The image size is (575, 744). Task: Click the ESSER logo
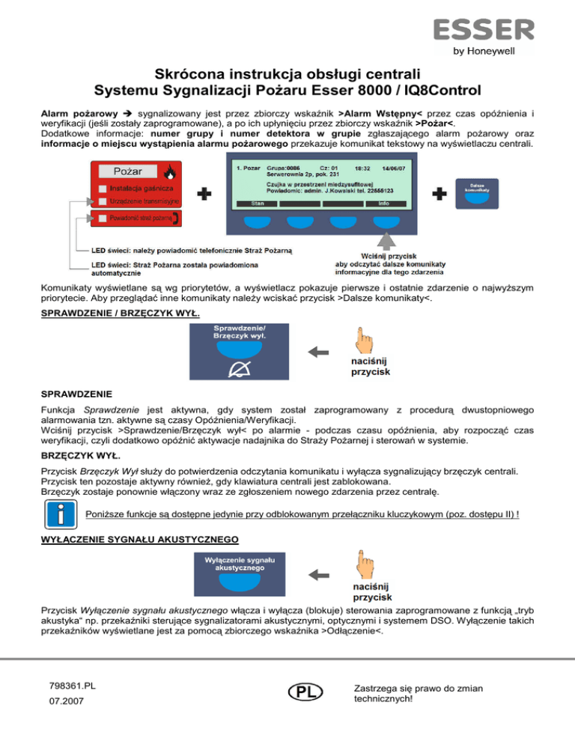(482, 31)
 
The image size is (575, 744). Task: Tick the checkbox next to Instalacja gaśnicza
(102, 188)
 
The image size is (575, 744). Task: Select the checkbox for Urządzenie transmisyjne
(102, 201)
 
